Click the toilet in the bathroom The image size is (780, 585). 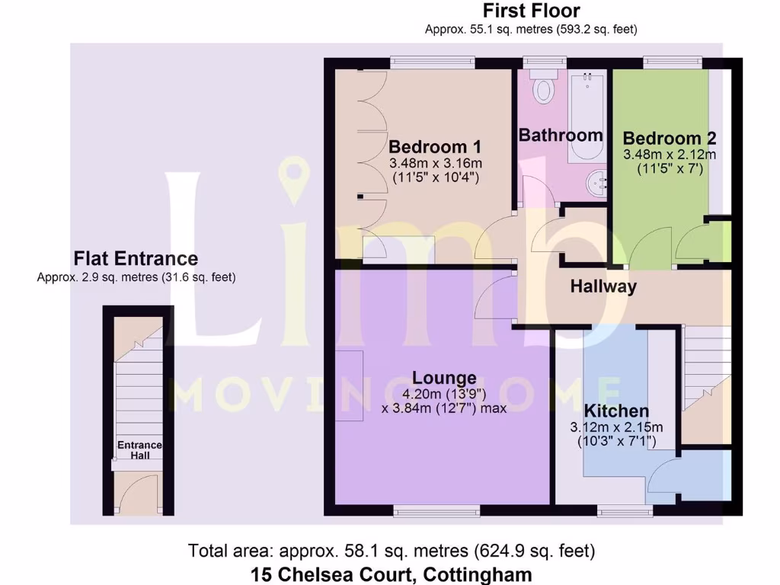544,89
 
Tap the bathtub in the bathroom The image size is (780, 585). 587,114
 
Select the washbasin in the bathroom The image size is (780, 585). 595,182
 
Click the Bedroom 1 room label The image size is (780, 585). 436,146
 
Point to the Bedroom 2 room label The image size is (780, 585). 669,138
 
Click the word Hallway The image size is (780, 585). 603,286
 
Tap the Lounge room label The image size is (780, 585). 444,377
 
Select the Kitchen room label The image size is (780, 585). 617,411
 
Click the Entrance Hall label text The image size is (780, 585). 139,450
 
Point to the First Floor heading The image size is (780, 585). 531,11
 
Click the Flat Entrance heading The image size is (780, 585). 136,259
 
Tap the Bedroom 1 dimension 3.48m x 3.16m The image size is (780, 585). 436,164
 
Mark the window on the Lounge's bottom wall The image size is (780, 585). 436,510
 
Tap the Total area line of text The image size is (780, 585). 392,550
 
